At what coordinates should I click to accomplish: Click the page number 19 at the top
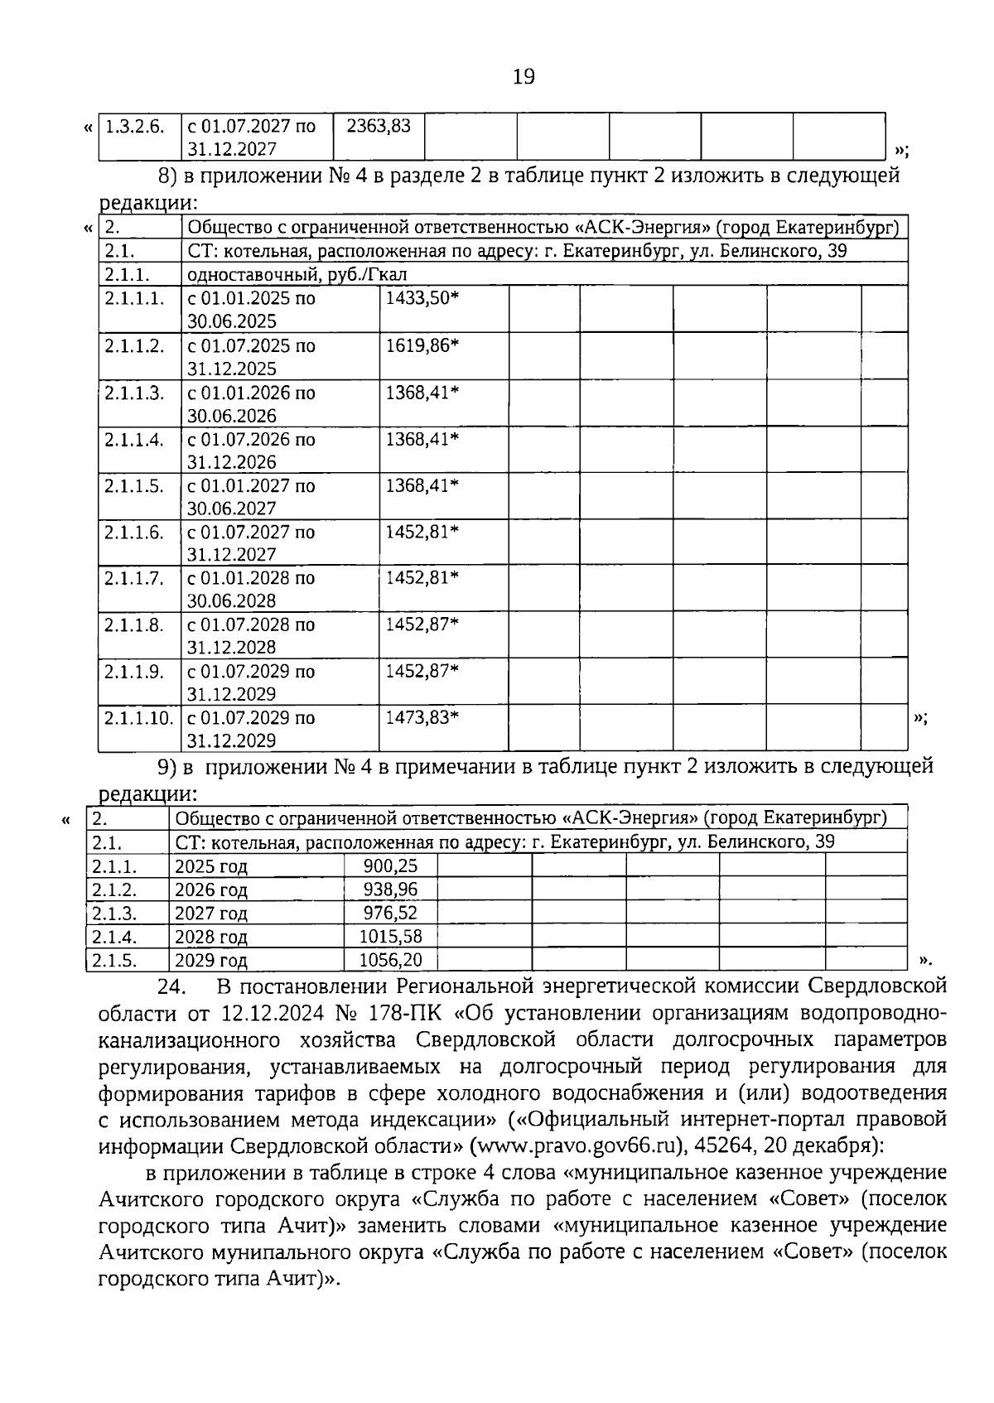point(524,77)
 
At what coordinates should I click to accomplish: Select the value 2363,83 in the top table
point(379,126)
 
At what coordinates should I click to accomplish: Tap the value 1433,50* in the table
point(422,298)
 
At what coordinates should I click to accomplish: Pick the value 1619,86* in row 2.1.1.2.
point(422,345)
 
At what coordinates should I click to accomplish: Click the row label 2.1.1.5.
point(134,485)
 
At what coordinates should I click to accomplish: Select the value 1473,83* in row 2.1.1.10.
point(422,717)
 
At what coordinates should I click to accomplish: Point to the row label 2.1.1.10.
point(138,717)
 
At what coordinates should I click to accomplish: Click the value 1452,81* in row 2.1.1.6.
point(422,532)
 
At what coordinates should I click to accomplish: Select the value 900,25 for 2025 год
point(390,866)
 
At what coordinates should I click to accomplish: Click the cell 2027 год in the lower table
point(211,914)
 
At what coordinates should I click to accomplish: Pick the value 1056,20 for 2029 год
point(390,960)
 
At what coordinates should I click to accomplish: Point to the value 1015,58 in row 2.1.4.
point(390,937)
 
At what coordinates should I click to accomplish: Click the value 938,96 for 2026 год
point(390,890)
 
